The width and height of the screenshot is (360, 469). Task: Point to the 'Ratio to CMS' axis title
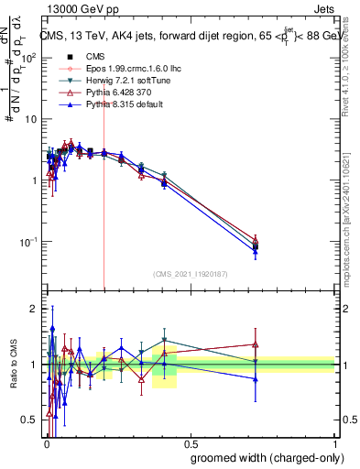click(x=14, y=364)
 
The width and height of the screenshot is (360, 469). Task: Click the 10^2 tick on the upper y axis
click(x=30, y=57)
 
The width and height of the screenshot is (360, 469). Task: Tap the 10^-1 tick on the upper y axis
click(x=30, y=242)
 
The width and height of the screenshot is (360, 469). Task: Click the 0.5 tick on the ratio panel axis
click(x=30, y=420)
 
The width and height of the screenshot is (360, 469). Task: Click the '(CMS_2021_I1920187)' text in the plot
click(x=190, y=274)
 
